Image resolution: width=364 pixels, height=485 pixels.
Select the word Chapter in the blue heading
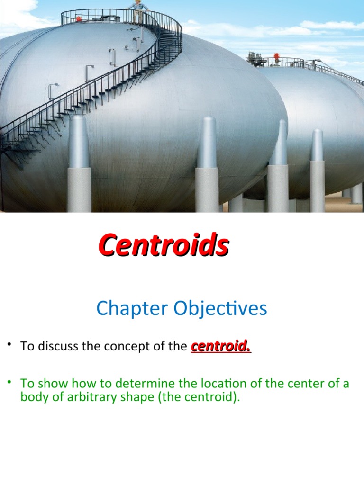(x=132, y=308)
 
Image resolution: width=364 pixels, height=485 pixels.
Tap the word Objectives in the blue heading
(x=220, y=308)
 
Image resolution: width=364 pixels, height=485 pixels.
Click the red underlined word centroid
(x=221, y=346)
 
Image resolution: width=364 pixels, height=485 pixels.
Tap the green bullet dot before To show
(x=10, y=382)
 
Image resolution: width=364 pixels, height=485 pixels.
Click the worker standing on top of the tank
(x=138, y=7)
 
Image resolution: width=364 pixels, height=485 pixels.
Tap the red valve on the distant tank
(x=276, y=56)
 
